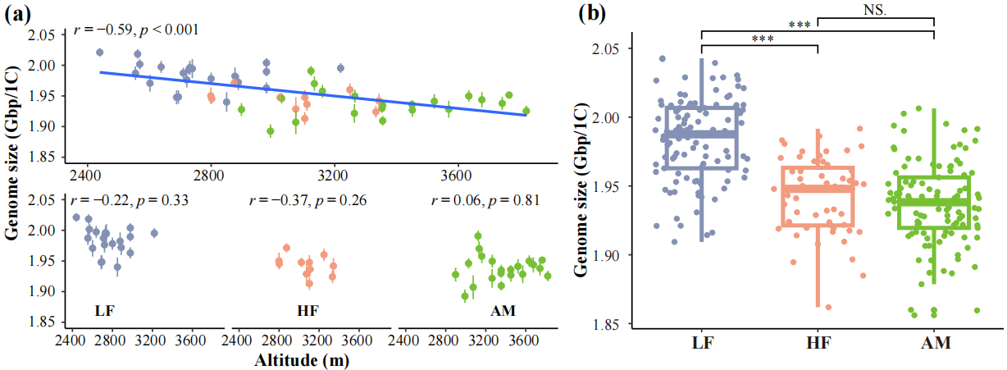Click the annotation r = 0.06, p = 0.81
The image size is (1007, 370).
pyautogui.click(x=480, y=200)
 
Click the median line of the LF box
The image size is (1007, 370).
pyautogui.click(x=702, y=134)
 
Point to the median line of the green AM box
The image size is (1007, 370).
pyautogui.click(x=934, y=201)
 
